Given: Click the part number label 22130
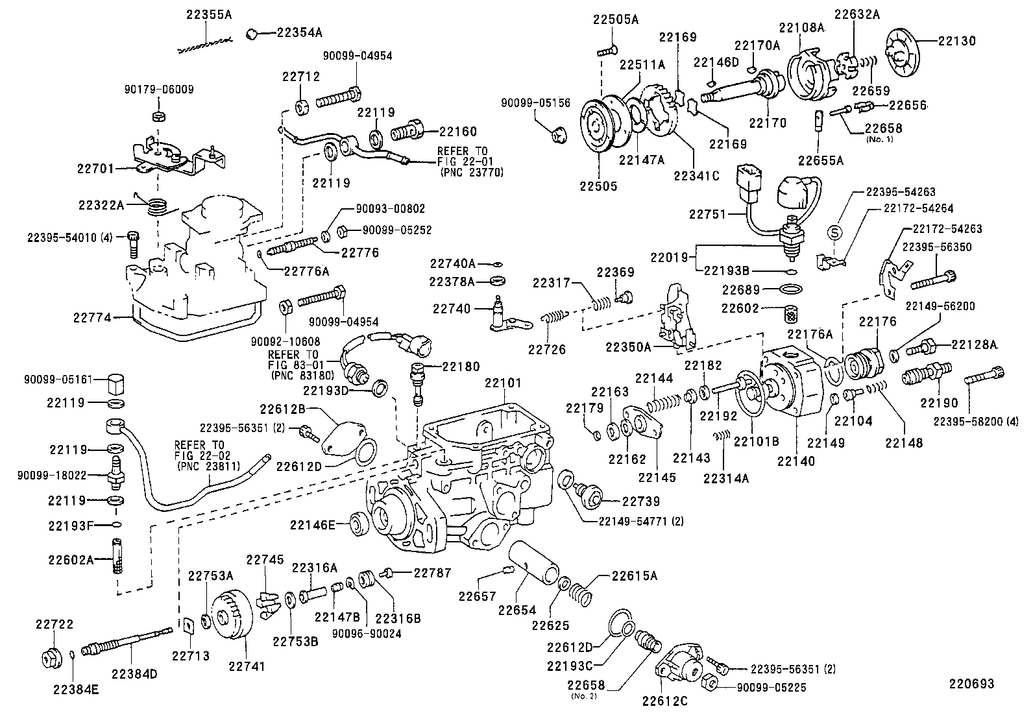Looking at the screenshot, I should click(x=956, y=40).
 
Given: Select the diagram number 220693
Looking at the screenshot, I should click(x=971, y=684).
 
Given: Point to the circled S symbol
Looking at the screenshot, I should click(x=835, y=232).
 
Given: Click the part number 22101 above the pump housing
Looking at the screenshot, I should click(x=502, y=383).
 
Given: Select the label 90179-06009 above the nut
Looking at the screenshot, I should click(x=159, y=90).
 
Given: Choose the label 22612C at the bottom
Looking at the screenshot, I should click(x=664, y=701).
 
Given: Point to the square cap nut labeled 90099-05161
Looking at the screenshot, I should click(x=117, y=385).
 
